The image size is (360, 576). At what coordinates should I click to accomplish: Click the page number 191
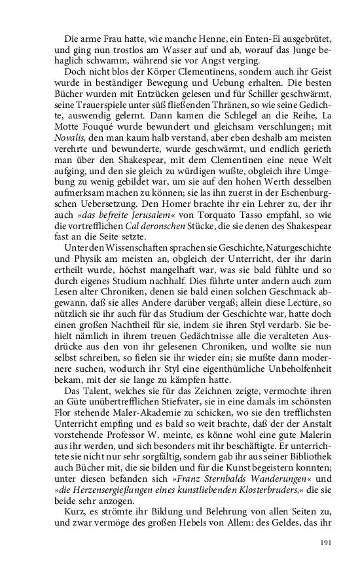tap(327, 543)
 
